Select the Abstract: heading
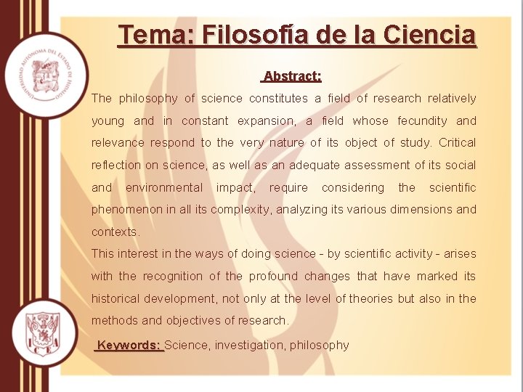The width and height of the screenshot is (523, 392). click(293, 76)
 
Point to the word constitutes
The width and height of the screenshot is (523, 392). click(279, 99)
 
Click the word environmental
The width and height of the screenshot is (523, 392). click(164, 188)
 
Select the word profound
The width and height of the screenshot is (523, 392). click(274, 277)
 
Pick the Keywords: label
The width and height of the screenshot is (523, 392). click(129, 346)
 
